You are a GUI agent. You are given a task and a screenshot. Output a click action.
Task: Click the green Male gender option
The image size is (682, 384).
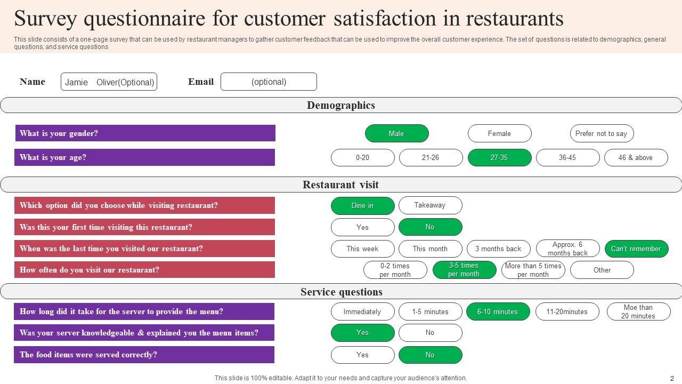(x=396, y=133)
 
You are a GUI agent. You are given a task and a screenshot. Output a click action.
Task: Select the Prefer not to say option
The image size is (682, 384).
(x=602, y=133)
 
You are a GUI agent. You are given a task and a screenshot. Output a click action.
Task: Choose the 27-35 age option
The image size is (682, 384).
(x=499, y=157)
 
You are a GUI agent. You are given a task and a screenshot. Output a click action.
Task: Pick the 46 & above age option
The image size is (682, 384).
(x=636, y=157)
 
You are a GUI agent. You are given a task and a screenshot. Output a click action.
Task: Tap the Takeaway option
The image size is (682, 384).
(x=430, y=205)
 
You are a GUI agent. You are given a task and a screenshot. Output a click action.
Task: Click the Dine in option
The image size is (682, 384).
(x=362, y=205)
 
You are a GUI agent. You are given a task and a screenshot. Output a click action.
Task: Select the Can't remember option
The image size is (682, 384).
(x=636, y=249)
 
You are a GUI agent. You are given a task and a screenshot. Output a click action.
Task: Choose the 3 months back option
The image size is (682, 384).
(x=498, y=249)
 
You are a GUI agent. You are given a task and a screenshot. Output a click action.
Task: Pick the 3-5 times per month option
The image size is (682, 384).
(x=464, y=270)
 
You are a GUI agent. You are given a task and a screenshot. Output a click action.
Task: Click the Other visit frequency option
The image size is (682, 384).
(x=602, y=270)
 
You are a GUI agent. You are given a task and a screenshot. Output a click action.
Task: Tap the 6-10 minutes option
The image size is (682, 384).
(x=498, y=311)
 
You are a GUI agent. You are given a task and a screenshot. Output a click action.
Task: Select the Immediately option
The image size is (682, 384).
(x=362, y=311)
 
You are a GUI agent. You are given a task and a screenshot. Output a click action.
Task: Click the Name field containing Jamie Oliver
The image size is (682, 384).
(x=109, y=82)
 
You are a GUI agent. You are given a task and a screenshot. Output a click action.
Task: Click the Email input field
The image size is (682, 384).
(x=269, y=82)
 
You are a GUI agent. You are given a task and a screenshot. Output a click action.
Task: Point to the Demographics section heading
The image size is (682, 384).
(x=341, y=105)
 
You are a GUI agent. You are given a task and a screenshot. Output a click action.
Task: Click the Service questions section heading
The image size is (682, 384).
(x=341, y=292)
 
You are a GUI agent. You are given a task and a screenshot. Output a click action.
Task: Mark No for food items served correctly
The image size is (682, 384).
(x=430, y=355)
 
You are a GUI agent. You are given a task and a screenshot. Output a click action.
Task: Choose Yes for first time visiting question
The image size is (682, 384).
(x=362, y=227)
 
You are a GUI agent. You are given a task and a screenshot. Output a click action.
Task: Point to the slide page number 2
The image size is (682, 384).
(x=672, y=378)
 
